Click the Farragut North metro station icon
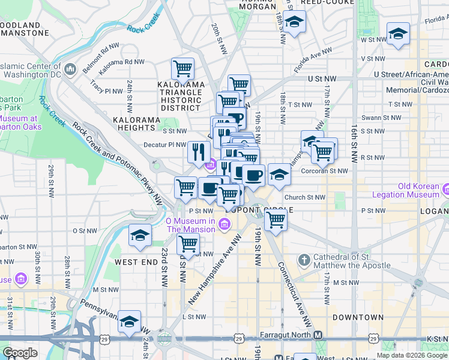[x=318, y=335]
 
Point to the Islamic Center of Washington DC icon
[x=70, y=70]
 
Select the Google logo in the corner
[x=20, y=352]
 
